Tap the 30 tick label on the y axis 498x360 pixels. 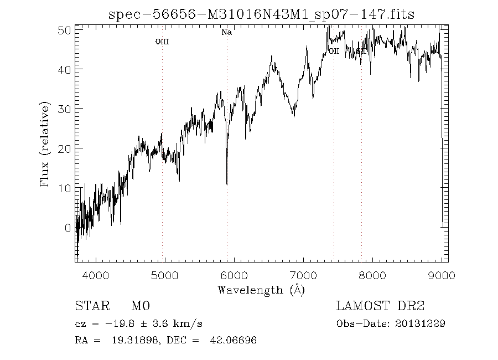(65, 109)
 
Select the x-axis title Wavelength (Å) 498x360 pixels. (261, 289)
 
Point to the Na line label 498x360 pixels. (226, 32)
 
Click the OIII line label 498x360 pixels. (162, 42)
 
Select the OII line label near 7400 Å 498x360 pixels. (334, 52)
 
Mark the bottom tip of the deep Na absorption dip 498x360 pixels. (226, 184)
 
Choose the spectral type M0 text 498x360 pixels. (141, 306)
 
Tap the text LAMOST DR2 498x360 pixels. (380, 306)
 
